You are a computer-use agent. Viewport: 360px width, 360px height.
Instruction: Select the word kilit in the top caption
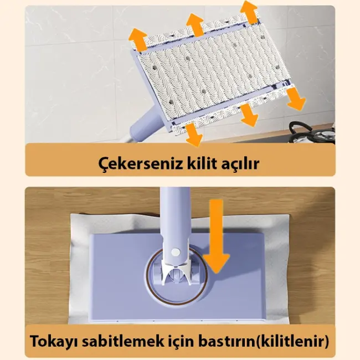click(197, 164)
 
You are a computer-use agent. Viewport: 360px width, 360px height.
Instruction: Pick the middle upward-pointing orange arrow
click(196, 25)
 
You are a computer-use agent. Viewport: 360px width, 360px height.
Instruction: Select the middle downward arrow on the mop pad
click(248, 115)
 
